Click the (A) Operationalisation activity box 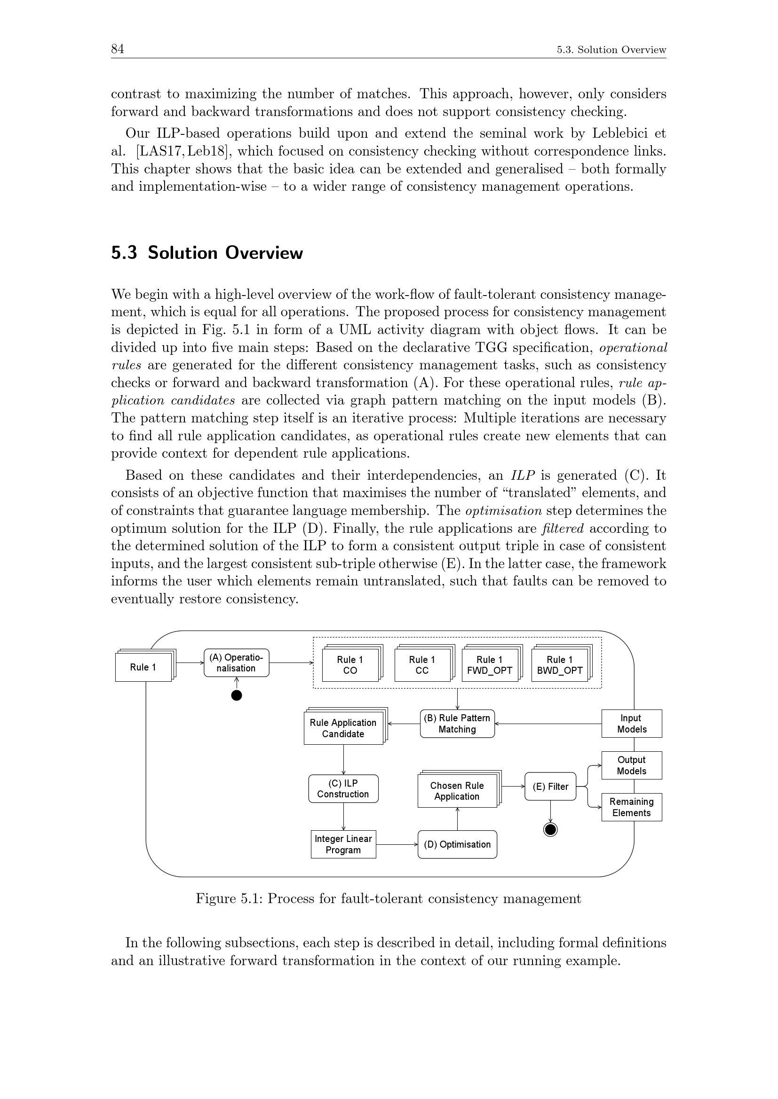236,663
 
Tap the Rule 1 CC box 421,665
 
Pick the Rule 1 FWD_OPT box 490,665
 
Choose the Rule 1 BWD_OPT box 560,665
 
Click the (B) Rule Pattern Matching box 457,723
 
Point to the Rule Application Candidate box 343,728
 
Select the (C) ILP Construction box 343,788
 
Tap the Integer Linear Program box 343,844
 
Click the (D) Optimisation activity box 457,844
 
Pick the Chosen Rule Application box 457,791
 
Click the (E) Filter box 550,786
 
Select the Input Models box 631,723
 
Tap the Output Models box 631,765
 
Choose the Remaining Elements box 631,807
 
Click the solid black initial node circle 236,695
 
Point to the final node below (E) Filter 550,829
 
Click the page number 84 118,49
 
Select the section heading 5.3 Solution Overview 207,253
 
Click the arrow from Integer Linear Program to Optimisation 397,844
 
